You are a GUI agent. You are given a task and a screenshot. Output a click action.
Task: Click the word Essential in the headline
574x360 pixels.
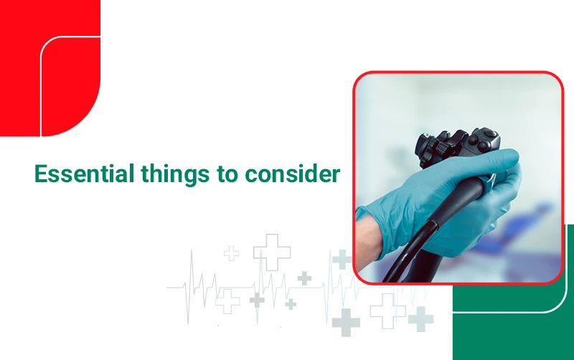84,174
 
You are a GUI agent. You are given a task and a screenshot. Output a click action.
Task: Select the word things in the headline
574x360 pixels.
175,174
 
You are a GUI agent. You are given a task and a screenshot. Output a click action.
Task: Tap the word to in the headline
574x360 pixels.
227,174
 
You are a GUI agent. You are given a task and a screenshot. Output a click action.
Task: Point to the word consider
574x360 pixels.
293,174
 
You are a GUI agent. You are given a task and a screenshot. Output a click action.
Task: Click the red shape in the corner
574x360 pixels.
50,68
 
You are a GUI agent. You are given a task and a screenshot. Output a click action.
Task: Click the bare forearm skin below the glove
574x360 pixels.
368,243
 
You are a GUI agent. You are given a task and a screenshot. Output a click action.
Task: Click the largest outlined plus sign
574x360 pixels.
272,252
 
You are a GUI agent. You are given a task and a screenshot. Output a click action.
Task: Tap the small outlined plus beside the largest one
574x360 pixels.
231,253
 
